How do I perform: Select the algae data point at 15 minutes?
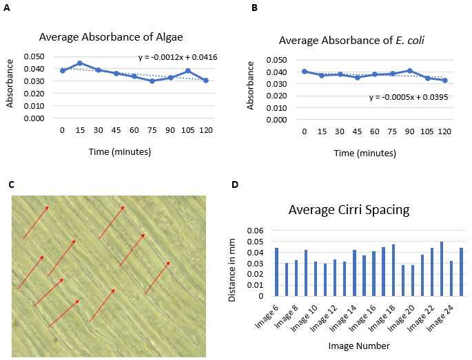pos(80,63)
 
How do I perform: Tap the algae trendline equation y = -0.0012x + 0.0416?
pos(178,57)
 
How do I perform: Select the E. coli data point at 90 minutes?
pos(409,71)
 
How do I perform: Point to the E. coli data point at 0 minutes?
pos(305,71)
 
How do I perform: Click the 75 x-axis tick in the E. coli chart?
pos(392,129)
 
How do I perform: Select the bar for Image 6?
pos(276,272)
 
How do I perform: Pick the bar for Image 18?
pos(393,270)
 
